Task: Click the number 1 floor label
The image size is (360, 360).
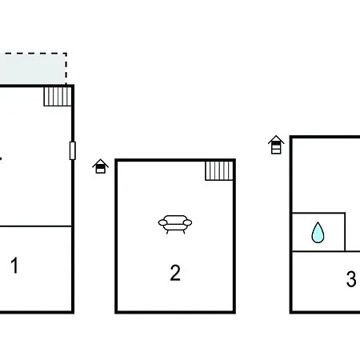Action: coord(14,266)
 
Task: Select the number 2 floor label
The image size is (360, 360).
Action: coord(175,273)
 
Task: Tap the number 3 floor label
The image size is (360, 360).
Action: coord(351,278)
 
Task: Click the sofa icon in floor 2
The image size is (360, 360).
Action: coord(175,224)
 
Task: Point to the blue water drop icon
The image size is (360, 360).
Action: coord(318,233)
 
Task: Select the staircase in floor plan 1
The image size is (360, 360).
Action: coord(58,97)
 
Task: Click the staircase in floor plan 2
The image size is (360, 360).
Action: coord(219,170)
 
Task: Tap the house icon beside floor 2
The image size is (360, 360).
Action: coord(100,166)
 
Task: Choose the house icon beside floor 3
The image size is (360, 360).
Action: coord(276,145)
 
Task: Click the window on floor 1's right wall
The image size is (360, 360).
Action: coord(73,150)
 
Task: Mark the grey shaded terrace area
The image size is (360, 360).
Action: coord(33,69)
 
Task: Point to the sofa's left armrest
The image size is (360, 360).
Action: coord(162,222)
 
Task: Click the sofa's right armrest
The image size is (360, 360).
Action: coord(188,222)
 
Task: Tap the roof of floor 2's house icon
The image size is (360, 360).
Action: coord(100,162)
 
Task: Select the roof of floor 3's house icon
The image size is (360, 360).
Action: coord(276,139)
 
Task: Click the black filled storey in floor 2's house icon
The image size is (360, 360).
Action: coord(100,166)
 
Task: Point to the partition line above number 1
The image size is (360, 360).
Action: coord(36,226)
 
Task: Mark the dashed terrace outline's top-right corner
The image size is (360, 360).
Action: coord(66,54)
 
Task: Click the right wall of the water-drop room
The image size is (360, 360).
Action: coord(345,232)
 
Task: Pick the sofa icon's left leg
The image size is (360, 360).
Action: coord(167,232)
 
